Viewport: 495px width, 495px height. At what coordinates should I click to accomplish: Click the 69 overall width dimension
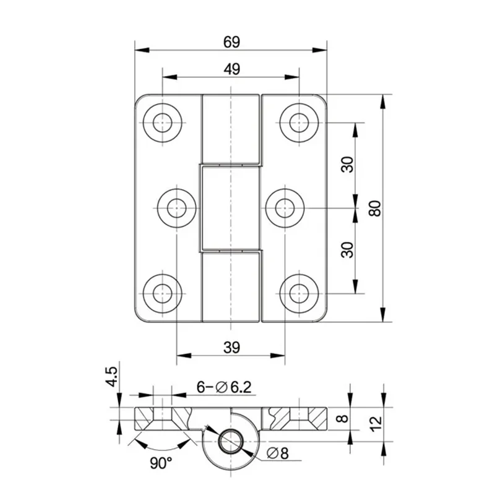pyautogui.click(x=231, y=43)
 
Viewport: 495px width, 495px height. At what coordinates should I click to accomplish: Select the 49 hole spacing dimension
pyautogui.click(x=231, y=70)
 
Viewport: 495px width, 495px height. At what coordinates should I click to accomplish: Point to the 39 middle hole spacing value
pyautogui.click(x=231, y=348)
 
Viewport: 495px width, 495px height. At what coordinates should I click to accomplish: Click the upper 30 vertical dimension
pyautogui.click(x=347, y=165)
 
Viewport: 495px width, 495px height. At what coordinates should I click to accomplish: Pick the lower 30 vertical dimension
pyautogui.click(x=347, y=249)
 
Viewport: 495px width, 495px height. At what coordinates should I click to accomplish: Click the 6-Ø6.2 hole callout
pyautogui.click(x=223, y=387)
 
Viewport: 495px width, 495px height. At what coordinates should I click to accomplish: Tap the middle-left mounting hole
pyautogui.click(x=177, y=207)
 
